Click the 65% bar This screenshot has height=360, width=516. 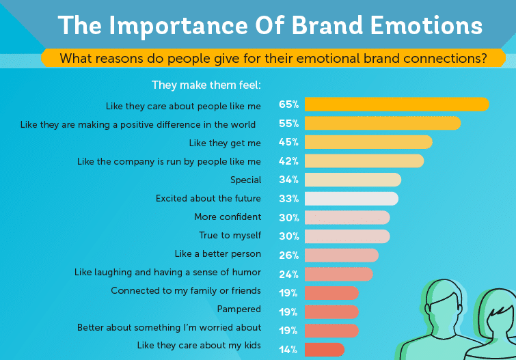(x=397, y=105)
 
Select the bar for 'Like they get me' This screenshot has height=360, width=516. (x=368, y=142)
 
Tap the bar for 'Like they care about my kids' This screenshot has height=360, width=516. (x=325, y=350)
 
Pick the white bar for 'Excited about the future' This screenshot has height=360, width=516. (x=351, y=199)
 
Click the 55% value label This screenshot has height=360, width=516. (x=288, y=124)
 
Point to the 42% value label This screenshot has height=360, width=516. (x=288, y=161)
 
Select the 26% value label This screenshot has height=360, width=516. (x=288, y=255)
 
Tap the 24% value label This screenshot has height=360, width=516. (x=288, y=274)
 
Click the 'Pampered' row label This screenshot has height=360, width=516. (x=239, y=309)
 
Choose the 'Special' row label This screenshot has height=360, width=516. (x=246, y=180)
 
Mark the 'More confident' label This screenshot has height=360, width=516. (x=228, y=217)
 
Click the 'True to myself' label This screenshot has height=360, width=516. (x=230, y=236)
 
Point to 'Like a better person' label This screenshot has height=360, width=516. (x=218, y=254)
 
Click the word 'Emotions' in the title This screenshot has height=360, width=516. (x=426, y=26)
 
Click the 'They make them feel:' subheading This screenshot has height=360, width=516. (x=206, y=85)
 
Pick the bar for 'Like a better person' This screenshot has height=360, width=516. (x=342, y=255)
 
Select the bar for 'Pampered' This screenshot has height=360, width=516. (x=331, y=312)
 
